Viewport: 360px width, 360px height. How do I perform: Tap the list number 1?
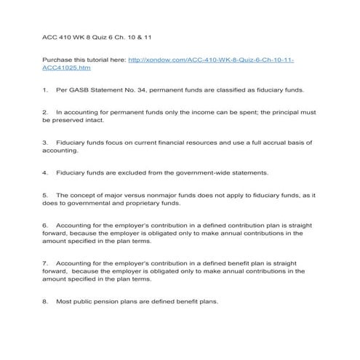click(45, 90)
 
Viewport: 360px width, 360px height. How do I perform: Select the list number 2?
click(45, 113)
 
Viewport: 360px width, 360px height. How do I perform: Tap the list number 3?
click(45, 143)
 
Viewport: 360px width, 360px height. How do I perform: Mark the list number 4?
click(45, 173)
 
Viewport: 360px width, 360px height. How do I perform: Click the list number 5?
click(45, 196)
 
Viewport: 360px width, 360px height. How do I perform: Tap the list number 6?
click(45, 225)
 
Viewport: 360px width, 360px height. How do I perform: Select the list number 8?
click(45, 301)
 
